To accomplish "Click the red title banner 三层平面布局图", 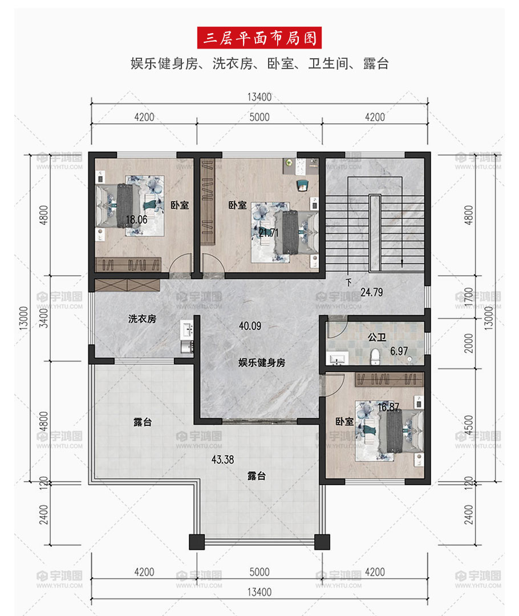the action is pos(259,38).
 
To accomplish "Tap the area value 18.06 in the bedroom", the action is pos(137,220).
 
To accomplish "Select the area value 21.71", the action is pos(269,232).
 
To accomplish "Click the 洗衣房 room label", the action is pos(142,319).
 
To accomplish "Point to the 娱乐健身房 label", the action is pos(262,362).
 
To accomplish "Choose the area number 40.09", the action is pos(250,325).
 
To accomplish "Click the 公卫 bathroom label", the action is pos(377,337).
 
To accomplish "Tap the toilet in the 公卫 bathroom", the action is pos(375,356).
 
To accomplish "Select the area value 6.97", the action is pos(399,351).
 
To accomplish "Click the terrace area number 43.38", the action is pos(222,459).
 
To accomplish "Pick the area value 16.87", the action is pos(388,408).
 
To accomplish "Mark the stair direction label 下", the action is pos(348,282).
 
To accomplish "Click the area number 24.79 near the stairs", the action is pos(372,292).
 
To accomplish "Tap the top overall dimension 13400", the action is pos(259,97).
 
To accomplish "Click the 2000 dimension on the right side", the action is pos(468,343).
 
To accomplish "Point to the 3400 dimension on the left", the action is pos(43,318).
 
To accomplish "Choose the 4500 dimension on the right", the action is pos(468,425).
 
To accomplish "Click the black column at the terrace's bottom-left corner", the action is pos(197,542).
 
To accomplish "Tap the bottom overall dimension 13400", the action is pos(259,591).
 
